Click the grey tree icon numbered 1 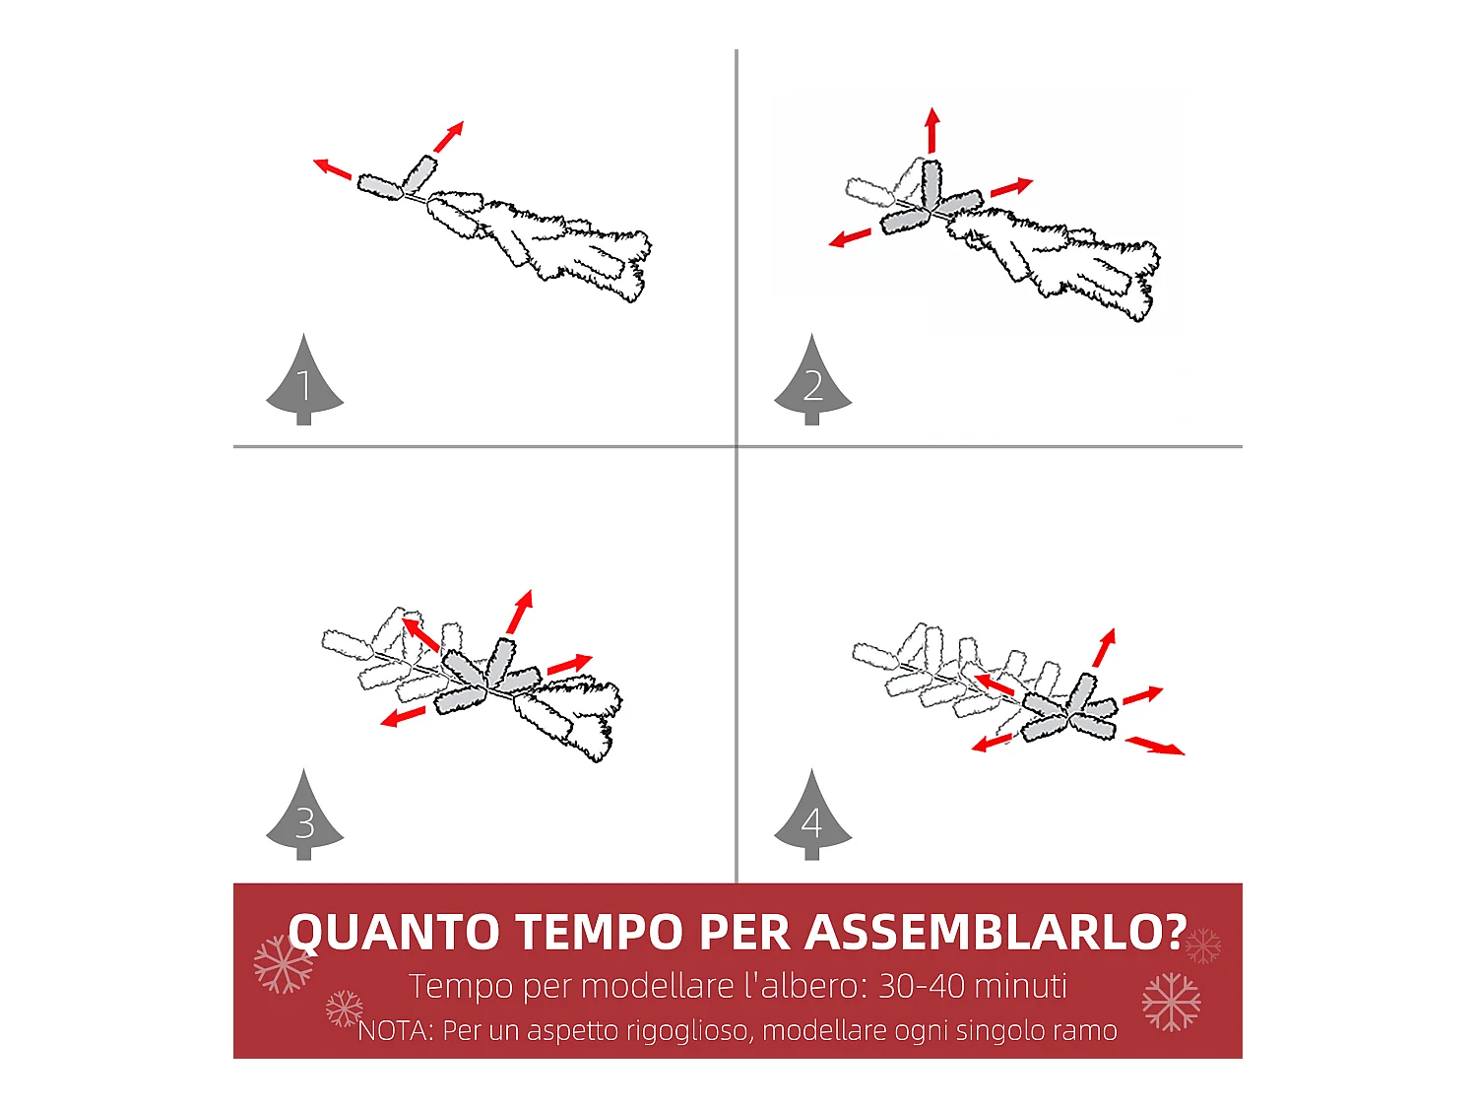point(304,384)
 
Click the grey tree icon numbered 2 point(812,384)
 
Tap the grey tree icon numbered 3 point(304,820)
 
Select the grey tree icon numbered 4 point(812,820)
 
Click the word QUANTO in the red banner point(392,932)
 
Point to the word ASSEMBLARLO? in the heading point(995,932)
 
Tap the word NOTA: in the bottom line point(396,1031)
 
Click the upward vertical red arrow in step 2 point(931,130)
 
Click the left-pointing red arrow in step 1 point(333,169)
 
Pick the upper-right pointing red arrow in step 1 point(448,136)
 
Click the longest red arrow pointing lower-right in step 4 point(1155,746)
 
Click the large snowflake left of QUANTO point(283,963)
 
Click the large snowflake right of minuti point(1171,1002)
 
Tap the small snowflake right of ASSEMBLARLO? point(1202,945)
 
